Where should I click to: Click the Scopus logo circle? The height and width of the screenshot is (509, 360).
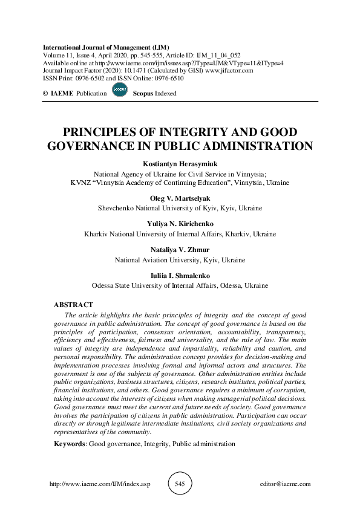(x=119, y=92)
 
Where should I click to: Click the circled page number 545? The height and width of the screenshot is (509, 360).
(x=180, y=484)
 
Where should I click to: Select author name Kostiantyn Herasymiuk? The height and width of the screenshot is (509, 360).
(x=180, y=164)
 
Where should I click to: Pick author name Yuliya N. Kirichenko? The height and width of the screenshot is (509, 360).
(x=180, y=224)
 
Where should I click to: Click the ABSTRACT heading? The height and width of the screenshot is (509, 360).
(x=73, y=305)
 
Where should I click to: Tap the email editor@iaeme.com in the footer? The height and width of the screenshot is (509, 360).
(x=284, y=484)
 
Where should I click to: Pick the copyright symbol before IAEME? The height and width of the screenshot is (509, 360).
(x=46, y=94)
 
